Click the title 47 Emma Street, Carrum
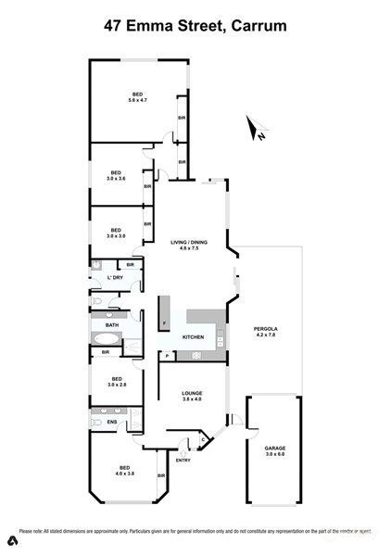click(195, 29)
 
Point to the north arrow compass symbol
click(257, 130)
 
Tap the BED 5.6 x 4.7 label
click(137, 96)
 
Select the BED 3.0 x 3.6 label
click(117, 175)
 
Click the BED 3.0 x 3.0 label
click(116, 233)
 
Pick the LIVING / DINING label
click(189, 246)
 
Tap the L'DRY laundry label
click(115, 278)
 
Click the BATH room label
click(112, 325)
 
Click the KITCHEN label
click(192, 337)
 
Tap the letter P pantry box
click(166, 356)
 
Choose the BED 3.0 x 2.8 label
click(117, 380)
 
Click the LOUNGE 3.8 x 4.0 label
click(192, 396)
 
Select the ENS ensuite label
click(112, 423)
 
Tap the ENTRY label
click(183, 460)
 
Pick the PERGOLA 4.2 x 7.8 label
click(266, 332)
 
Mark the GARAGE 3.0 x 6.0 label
click(275, 451)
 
